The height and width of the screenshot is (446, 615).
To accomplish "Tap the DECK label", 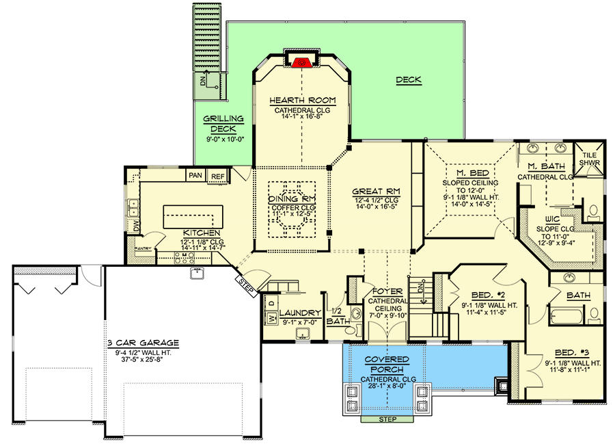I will click(409, 80).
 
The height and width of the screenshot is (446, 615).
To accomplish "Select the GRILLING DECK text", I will click(219, 123).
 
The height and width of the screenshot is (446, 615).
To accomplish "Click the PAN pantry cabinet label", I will click(195, 176).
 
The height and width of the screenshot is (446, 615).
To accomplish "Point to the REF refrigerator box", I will click(217, 176).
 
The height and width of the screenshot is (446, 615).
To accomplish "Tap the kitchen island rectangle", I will click(192, 217).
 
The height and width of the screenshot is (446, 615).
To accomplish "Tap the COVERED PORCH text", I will click(386, 364).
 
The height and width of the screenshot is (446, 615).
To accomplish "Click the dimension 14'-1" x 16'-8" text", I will click(301, 116).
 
